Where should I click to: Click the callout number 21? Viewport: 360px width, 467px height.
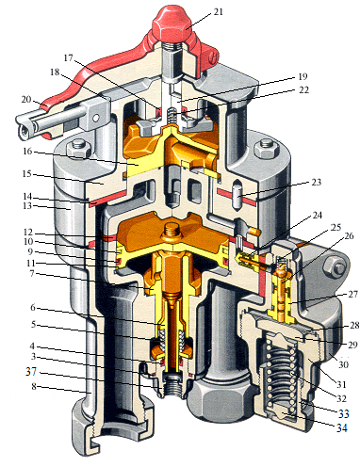[x=218, y=12]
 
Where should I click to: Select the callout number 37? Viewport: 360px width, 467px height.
[x=31, y=372]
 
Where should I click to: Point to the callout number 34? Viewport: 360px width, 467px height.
[x=342, y=427]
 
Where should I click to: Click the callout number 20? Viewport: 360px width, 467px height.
[x=26, y=99]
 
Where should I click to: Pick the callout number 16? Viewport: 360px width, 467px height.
[x=27, y=151]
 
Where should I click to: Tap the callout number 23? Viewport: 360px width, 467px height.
[x=316, y=182]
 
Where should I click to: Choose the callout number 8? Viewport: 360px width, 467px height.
[x=34, y=387]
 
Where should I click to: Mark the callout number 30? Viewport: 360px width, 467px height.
[x=344, y=364]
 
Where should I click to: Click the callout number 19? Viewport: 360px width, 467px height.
[x=303, y=76]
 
